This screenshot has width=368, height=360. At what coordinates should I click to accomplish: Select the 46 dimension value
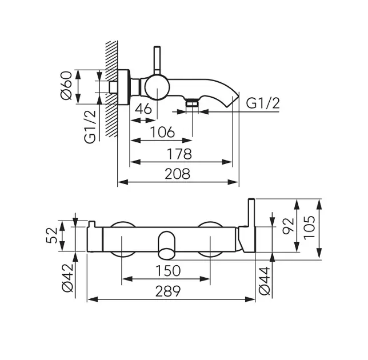click(145, 109)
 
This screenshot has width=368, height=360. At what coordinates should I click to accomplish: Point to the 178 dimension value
click(179, 153)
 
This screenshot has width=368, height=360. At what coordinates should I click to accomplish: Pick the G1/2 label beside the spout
click(263, 104)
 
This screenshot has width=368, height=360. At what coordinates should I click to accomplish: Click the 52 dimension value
click(53, 235)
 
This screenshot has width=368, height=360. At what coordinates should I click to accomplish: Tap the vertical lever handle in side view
click(155, 60)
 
